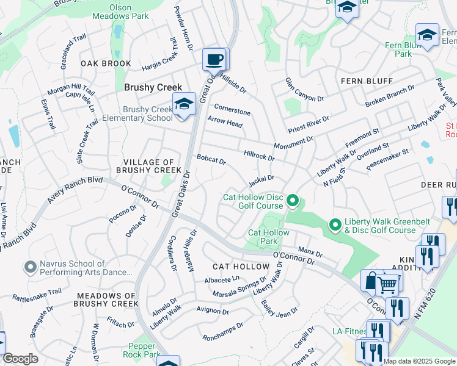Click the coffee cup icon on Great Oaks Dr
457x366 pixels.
[x=214, y=60]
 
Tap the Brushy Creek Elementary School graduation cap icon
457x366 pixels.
[x=183, y=104]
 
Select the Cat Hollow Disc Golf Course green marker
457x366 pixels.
[x=293, y=200]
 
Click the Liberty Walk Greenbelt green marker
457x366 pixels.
[x=334, y=225]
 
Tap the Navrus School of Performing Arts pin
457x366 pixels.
[x=29, y=267]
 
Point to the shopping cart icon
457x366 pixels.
[x=387, y=282]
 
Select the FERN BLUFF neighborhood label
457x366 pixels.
[x=367, y=81]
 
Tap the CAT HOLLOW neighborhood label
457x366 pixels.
[x=241, y=267]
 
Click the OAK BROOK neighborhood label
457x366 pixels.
[x=106, y=63]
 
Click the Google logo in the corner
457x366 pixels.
[x=20, y=359]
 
